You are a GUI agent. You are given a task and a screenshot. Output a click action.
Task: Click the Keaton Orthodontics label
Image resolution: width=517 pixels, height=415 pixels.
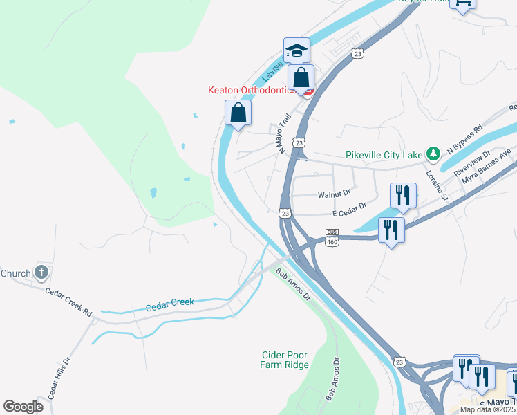coord(253,90)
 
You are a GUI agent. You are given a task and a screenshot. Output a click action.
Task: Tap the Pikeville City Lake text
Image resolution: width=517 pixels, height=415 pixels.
coord(384,155)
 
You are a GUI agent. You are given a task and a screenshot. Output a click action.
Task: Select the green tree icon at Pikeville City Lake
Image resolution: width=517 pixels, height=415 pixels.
coord(433,153)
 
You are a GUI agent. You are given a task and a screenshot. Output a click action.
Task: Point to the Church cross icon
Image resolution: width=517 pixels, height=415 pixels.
coord(41,273)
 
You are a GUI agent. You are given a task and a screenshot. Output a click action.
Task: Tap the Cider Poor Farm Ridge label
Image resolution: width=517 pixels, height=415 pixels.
coord(284,360)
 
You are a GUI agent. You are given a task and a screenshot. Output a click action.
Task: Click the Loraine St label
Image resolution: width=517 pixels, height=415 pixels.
coord(436,185)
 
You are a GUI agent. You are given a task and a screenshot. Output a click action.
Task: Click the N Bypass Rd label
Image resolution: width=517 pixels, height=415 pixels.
coord(464,140)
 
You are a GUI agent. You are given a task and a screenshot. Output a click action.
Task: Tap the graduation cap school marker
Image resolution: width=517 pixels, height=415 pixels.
coord(297,50)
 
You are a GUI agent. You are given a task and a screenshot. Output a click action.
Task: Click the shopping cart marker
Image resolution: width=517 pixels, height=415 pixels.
coord(462,3)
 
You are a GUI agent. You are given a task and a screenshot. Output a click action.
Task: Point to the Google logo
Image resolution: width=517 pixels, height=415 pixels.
coord(23,407)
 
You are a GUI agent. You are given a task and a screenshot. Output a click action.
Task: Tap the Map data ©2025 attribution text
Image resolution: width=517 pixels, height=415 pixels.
coord(487,409)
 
